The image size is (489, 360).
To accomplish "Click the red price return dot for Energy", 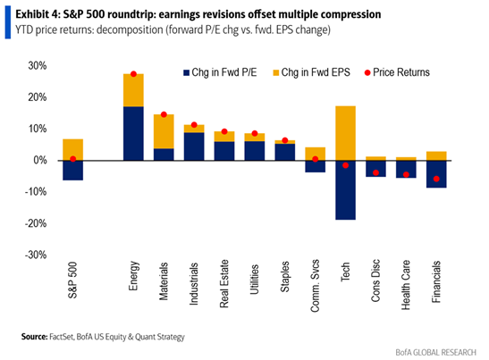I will (133, 74).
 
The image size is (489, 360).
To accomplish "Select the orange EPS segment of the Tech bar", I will (346, 133).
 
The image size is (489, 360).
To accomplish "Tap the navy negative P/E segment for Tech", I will (346, 190).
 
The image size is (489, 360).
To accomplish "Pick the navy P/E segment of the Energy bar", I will (133, 133).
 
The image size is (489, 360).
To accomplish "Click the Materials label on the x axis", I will (164, 283).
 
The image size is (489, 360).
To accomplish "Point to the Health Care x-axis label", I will (407, 285).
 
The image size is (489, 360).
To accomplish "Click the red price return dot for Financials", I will (437, 179).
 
